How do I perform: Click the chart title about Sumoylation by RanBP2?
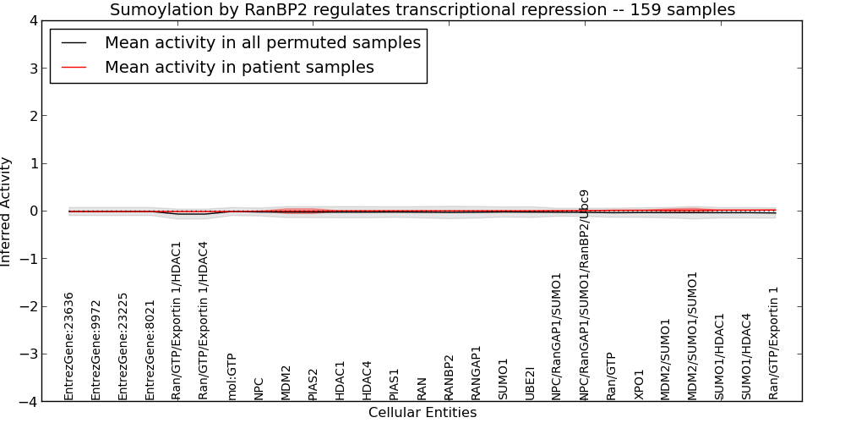click(x=422, y=9)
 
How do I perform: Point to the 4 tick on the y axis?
click(x=34, y=21)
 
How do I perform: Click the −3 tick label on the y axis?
click(x=29, y=354)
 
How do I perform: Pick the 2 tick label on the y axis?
click(x=34, y=116)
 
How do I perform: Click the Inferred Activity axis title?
click(x=6, y=211)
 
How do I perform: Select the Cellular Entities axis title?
click(x=422, y=413)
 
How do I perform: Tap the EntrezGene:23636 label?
click(x=68, y=346)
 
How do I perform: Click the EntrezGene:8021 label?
click(x=150, y=350)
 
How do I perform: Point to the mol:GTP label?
click(x=232, y=376)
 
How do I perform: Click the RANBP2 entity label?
click(x=450, y=377)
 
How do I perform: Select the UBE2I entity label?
click(x=531, y=382)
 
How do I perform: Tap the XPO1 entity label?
click(x=639, y=384)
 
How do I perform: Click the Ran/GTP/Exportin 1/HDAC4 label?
click(x=203, y=321)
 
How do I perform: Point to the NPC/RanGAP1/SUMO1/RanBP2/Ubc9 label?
click(x=585, y=295)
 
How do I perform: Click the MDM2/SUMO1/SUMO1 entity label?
click(x=694, y=336)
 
